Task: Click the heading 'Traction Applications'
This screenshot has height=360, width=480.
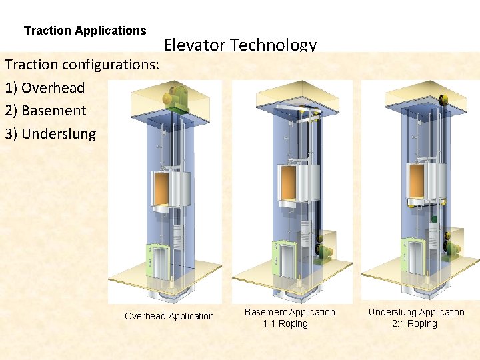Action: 85,31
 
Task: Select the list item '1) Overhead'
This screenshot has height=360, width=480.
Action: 45,87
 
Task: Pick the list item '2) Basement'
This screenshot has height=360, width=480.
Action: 45,111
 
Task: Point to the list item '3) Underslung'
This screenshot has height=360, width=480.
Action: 50,133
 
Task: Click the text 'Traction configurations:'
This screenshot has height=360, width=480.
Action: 82,65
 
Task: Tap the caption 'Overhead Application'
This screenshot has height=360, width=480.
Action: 169,316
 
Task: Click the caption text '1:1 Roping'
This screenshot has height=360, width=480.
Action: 285,323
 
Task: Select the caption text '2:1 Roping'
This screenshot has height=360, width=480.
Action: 415,323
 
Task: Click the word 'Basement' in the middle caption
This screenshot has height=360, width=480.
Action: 266,312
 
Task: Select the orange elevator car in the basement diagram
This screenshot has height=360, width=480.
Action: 288,183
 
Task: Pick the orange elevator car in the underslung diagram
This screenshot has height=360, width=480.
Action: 416,183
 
